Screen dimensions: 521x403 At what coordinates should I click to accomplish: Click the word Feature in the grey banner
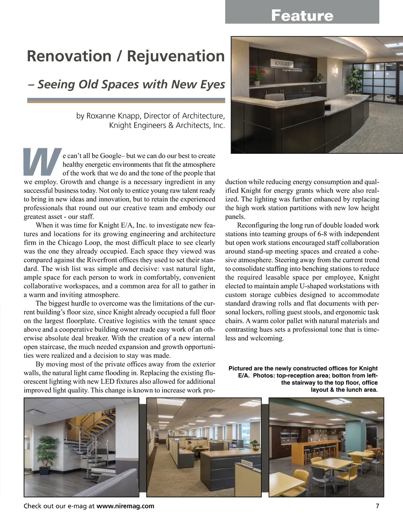pyautogui.click(x=302, y=16)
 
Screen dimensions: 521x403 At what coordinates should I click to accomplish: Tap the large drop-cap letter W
pyautogui.click(x=43, y=162)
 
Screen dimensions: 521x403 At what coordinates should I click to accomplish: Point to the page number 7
pyautogui.click(x=377, y=506)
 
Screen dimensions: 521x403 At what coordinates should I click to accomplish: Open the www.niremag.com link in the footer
pyautogui.click(x=125, y=506)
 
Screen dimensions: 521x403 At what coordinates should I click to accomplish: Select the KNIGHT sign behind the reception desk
pyautogui.click(x=282, y=64)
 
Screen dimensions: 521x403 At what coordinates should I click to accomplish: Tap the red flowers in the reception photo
pyautogui.click(x=257, y=73)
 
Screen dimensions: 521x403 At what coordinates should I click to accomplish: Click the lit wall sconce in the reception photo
pyautogui.click(x=336, y=70)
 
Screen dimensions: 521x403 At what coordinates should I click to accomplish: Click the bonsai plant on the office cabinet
pyautogui.click(x=256, y=444)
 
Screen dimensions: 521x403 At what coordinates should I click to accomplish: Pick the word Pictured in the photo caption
pyautogui.click(x=241, y=368)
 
